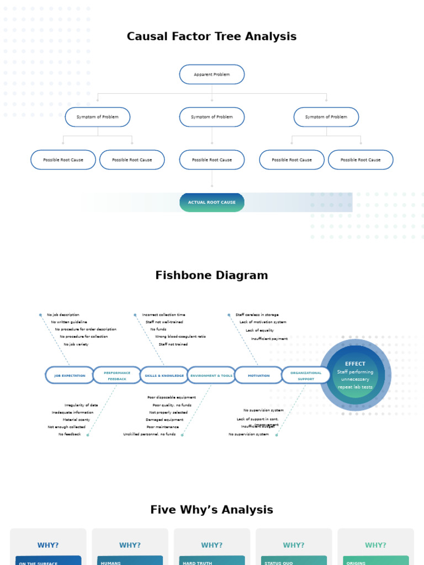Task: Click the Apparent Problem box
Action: tap(211, 74)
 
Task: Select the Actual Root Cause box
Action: tap(211, 202)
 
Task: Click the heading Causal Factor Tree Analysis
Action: tap(211, 36)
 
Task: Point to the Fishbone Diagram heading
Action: tap(211, 275)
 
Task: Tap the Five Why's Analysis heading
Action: tap(211, 510)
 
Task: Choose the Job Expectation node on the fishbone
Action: tap(70, 375)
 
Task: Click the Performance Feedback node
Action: tap(117, 375)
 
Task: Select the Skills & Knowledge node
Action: tap(164, 375)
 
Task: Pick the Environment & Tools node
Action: tap(211, 375)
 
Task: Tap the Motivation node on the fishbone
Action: tap(258, 375)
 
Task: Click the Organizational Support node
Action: tap(306, 375)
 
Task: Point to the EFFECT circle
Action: tap(355, 375)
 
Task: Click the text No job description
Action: tap(63, 315)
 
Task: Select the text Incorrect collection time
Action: tap(163, 315)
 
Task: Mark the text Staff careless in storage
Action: tap(257, 315)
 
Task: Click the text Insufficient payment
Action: tap(269, 339)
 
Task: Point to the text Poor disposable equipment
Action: tap(171, 397)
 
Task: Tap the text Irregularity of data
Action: tap(81, 405)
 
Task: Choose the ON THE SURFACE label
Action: tap(39, 563)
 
